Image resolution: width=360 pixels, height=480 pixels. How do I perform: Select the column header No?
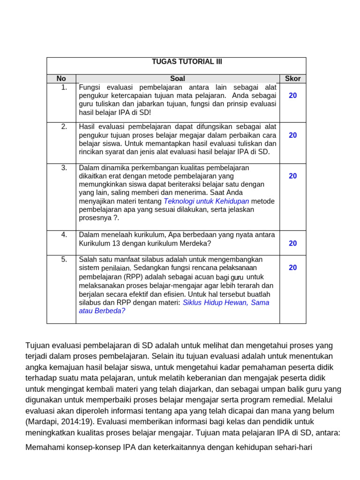[x=61, y=79]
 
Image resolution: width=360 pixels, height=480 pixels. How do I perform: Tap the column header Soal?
[x=178, y=79]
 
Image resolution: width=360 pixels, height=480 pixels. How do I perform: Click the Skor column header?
[x=292, y=79]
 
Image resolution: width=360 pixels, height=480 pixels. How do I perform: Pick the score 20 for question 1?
[x=292, y=96]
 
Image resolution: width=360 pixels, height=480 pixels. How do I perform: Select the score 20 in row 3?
[x=292, y=176]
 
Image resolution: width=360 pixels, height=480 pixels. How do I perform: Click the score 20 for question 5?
[x=292, y=268]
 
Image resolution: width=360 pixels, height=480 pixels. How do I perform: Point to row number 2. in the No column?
[x=64, y=127]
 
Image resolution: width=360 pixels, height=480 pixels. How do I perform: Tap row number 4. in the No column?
[x=64, y=235]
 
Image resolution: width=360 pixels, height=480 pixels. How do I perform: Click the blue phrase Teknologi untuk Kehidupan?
[x=206, y=201]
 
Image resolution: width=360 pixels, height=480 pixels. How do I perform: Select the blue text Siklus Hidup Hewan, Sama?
[x=226, y=303]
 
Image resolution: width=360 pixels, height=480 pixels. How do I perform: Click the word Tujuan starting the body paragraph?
[x=38, y=345]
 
